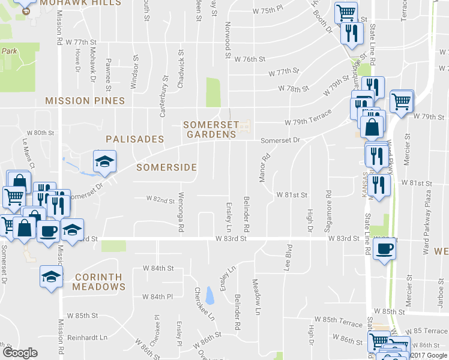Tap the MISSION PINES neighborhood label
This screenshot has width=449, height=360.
85,101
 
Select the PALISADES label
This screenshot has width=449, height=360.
134,139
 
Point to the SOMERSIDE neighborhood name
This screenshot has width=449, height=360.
166,167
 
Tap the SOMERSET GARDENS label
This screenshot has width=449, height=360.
209,130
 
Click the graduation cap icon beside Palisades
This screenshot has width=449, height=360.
104,161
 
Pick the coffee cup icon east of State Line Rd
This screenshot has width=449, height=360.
384,248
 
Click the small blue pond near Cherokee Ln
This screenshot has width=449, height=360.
209,295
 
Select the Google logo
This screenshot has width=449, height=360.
20,353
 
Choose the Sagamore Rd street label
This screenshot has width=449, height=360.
328,205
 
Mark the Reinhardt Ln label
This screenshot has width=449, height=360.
86,337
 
